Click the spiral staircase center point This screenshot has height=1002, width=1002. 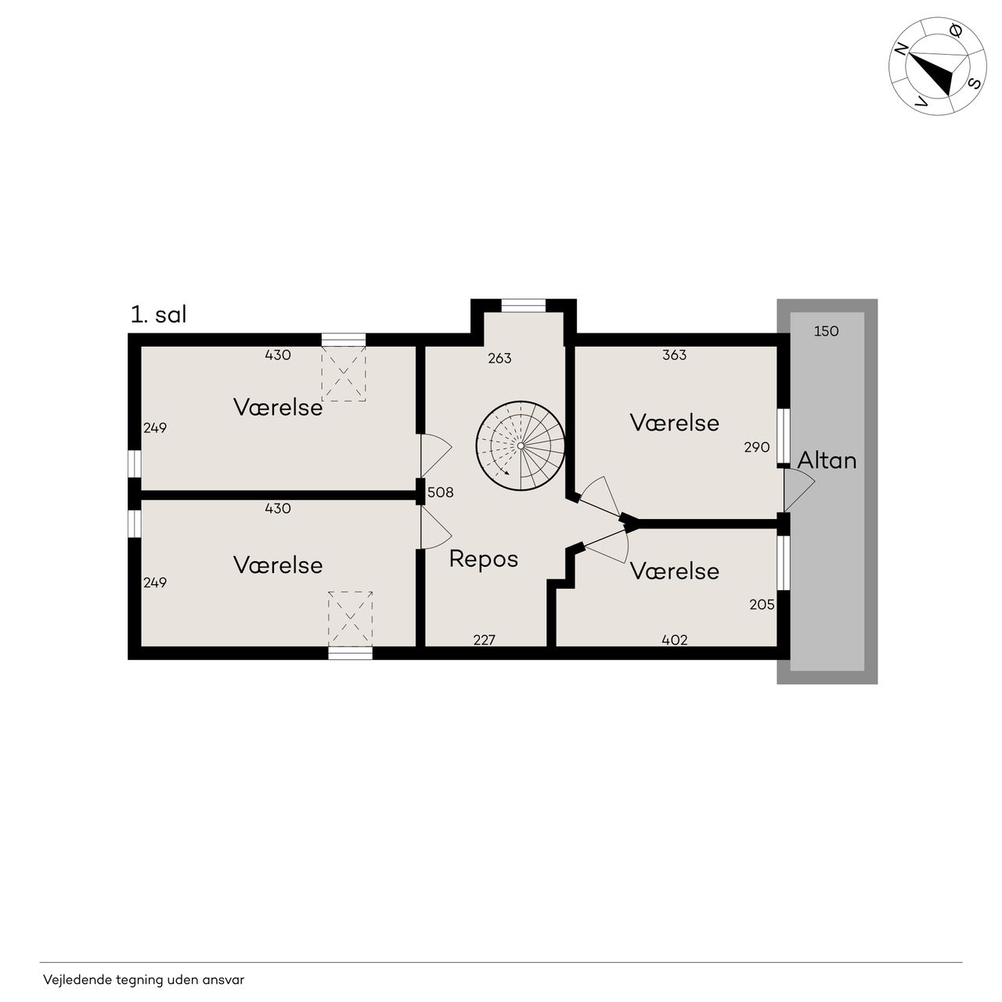[520, 445]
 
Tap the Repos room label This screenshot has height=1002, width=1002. [484, 560]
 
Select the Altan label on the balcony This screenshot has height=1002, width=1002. [827, 461]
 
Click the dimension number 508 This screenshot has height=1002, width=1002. [441, 492]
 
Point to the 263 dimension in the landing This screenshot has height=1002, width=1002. [499, 359]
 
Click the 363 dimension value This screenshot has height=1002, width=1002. [675, 355]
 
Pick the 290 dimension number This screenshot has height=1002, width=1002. [756, 447]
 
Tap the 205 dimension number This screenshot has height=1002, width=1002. [762, 605]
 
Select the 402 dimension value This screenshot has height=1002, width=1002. [675, 640]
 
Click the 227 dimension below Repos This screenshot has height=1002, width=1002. [484, 640]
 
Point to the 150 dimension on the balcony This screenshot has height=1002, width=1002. [826, 331]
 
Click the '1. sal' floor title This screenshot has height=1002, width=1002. [158, 315]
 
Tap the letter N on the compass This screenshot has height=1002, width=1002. [901, 49]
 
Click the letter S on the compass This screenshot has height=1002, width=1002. [974, 83]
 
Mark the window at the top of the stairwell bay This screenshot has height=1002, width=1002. [523, 305]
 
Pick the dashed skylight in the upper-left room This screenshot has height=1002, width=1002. [343, 374]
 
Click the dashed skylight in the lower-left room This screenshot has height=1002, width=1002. [351, 618]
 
